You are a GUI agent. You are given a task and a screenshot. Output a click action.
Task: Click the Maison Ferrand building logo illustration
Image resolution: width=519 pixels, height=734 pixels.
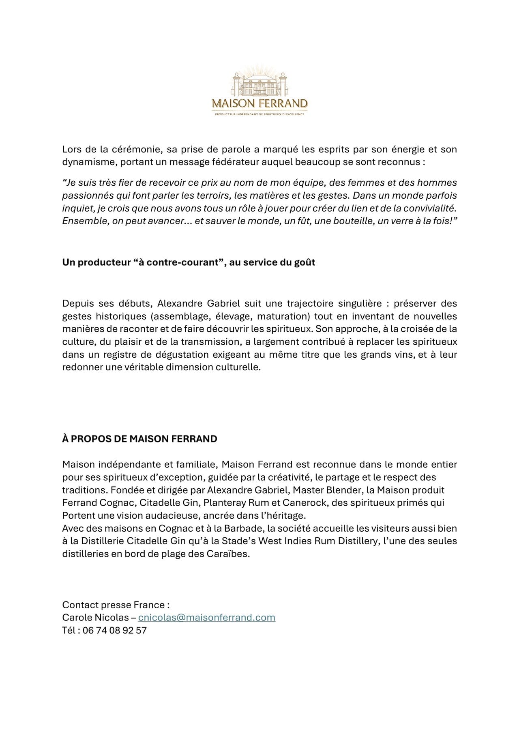coord(259,84)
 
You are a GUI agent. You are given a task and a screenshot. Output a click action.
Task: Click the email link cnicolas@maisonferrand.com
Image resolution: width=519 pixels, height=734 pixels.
coord(206,618)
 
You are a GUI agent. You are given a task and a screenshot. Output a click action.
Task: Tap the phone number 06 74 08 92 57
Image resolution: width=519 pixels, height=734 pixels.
coord(115,630)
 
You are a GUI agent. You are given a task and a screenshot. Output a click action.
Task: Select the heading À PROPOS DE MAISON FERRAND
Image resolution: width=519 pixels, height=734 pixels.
coord(139,439)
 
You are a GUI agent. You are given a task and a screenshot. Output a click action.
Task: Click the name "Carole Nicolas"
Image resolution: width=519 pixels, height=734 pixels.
coord(95,618)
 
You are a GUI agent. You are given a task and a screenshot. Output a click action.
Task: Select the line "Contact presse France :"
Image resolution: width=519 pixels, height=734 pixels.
coord(116,605)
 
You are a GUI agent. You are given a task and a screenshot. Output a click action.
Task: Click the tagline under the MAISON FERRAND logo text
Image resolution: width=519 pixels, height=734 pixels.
coord(259,114)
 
